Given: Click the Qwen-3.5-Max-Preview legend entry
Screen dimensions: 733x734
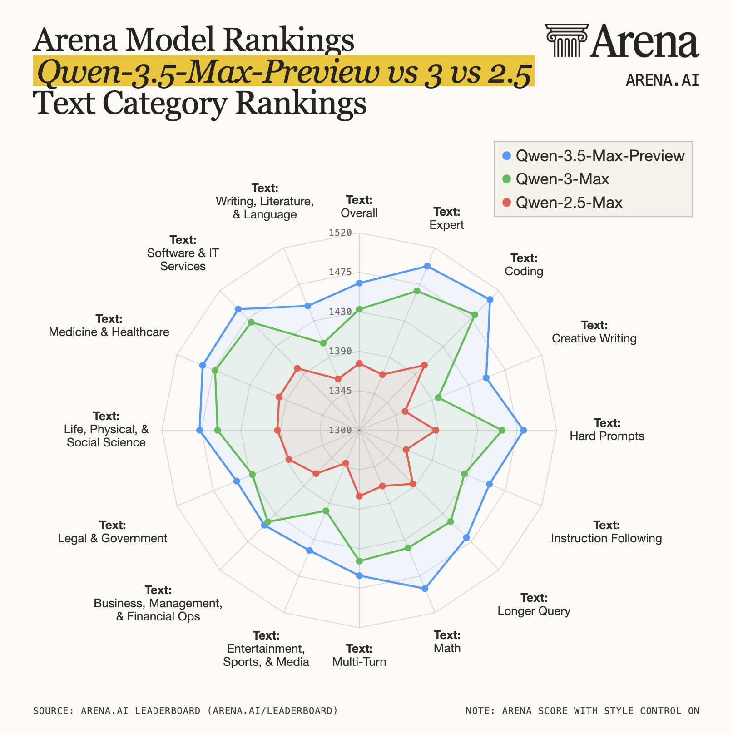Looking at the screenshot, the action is click(x=594, y=156).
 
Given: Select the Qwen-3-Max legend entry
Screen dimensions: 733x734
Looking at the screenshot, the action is click(x=555, y=179).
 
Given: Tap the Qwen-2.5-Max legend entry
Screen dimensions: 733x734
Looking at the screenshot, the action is click(x=562, y=202).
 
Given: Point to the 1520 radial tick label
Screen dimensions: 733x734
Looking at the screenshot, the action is click(x=340, y=233).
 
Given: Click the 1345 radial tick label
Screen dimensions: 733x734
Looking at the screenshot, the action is click(x=340, y=391).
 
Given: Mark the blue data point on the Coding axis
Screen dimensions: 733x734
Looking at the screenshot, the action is click(x=490, y=299).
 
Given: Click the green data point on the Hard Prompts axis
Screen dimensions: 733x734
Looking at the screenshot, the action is click(x=502, y=430).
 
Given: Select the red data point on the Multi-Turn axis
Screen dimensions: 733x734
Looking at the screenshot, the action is click(x=359, y=496).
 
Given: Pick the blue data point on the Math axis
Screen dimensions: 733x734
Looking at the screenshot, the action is click(x=425, y=589).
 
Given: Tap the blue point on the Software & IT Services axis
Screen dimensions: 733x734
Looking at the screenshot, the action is click(x=238, y=309).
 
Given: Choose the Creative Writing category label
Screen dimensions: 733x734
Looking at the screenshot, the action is click(x=594, y=332).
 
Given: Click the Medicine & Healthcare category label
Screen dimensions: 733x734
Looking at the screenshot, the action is click(x=109, y=326).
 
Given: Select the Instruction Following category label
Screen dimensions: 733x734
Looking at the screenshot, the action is click(x=606, y=532).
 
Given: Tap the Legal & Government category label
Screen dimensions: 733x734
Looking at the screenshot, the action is click(x=113, y=532).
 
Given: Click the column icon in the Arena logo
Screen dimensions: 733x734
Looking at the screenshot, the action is click(x=567, y=40).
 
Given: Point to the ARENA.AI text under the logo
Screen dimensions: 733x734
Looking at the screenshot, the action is click(x=663, y=80).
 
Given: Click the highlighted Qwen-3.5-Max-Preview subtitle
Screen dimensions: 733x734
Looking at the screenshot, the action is click(x=284, y=72).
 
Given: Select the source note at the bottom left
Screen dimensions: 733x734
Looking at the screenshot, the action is click(x=185, y=710).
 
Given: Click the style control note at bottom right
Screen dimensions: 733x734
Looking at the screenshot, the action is click(x=583, y=710).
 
